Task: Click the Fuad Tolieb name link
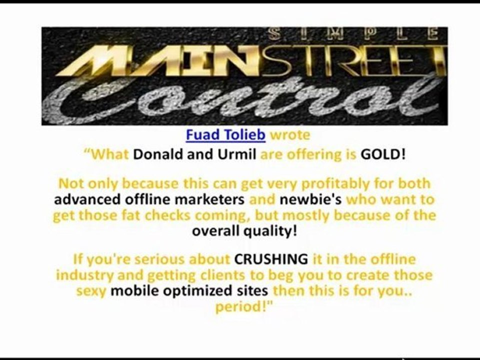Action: pos(225,134)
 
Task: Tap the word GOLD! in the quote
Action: pos(383,154)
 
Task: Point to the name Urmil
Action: pos(237,154)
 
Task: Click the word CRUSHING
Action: pos(271,259)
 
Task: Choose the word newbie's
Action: pos(310,199)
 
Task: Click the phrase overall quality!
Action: pos(244,231)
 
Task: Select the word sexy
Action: pos(91,291)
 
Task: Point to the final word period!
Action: pos(244,306)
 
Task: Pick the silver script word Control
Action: pos(242,97)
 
